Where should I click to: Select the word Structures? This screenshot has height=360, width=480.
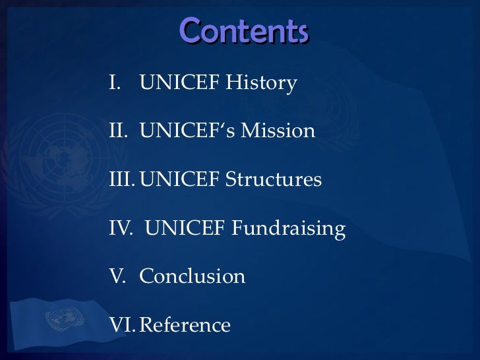click(x=277, y=179)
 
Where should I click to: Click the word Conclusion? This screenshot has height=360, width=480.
click(x=193, y=276)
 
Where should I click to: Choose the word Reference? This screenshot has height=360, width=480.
click(x=186, y=324)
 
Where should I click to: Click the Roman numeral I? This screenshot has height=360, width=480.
click(x=113, y=84)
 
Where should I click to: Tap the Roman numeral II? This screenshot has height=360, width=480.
click(x=116, y=131)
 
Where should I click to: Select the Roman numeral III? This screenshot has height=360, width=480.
click(x=121, y=179)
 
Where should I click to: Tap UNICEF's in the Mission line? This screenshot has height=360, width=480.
click(x=184, y=131)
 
